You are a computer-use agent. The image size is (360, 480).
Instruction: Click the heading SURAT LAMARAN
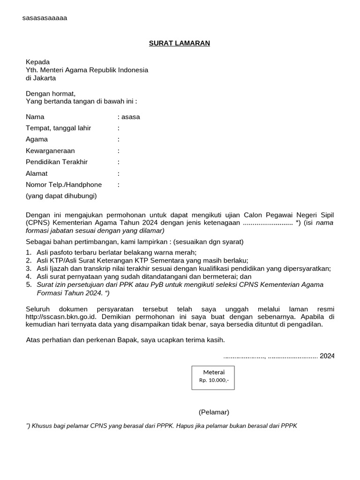point(180,43)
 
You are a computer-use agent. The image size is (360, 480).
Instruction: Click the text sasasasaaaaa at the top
point(45,18)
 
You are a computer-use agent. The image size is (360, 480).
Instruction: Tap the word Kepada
point(37,62)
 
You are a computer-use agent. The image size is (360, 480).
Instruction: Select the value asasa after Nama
point(131,117)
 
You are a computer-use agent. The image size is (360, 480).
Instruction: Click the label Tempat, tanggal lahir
point(58,128)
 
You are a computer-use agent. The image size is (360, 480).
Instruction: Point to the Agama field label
point(37,139)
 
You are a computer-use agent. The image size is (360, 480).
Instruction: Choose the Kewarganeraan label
point(50,150)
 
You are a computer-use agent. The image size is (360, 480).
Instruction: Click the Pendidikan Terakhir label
point(57,162)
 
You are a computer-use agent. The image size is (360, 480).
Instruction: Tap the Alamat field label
point(37,173)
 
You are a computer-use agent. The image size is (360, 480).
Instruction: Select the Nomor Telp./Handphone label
point(64,185)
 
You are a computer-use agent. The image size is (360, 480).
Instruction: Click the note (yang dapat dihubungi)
point(61,196)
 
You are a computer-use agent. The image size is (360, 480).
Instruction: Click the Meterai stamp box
point(213,378)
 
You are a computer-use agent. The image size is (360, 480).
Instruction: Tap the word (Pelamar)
point(214,412)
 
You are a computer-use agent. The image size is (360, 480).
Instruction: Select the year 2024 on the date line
point(327,356)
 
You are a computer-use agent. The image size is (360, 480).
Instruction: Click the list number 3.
point(29,269)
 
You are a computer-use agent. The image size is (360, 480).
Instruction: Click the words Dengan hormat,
point(51,93)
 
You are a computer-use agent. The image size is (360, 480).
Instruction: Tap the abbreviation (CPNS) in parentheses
point(37,223)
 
